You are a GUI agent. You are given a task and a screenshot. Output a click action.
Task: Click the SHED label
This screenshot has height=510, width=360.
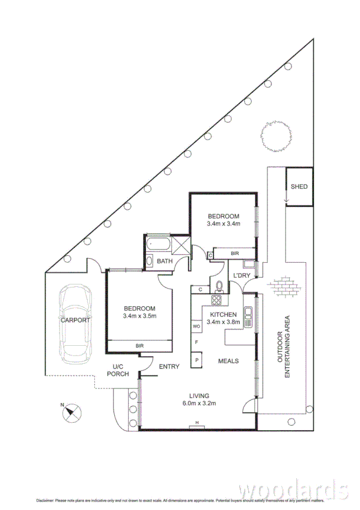tap(299, 186)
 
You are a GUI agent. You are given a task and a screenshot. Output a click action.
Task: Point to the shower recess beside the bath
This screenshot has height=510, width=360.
tap(180, 245)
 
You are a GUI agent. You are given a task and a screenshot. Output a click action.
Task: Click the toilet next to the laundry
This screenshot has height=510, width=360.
tap(219, 285)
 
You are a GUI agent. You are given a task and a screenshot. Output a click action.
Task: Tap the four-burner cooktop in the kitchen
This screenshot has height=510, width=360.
tap(216, 299)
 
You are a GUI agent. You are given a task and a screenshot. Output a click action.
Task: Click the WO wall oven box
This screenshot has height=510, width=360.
tap(197, 326)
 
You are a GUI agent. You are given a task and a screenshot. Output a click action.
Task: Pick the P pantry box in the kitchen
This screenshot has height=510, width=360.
tap(197, 360)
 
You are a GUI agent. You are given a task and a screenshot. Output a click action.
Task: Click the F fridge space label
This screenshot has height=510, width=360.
tap(197, 342)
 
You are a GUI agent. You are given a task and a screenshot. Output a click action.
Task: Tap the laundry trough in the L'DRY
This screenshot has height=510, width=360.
tap(248, 265)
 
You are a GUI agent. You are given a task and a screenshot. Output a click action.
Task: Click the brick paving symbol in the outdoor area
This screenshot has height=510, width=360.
tap(285, 286)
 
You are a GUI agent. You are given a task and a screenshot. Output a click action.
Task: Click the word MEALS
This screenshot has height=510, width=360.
tap(228, 361)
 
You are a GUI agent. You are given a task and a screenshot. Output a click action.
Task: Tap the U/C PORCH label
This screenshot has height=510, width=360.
tap(118, 370)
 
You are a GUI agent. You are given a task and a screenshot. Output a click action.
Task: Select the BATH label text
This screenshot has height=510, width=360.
tap(165, 262)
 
